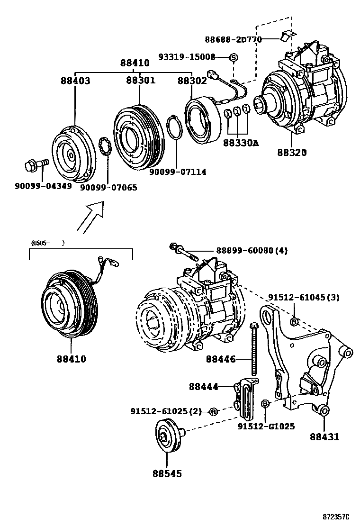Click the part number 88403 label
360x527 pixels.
coord(75,81)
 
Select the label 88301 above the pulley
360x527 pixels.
coord(140,81)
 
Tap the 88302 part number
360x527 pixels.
coord(192,81)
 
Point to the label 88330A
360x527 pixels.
coord(241,142)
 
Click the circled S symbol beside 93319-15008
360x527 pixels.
coord(233,57)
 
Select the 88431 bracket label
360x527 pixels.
coord(324,437)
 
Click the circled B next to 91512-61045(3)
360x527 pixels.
coord(294,322)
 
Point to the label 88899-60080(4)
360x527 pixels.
coord(252,250)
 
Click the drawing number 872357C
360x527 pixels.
coord(337,516)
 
